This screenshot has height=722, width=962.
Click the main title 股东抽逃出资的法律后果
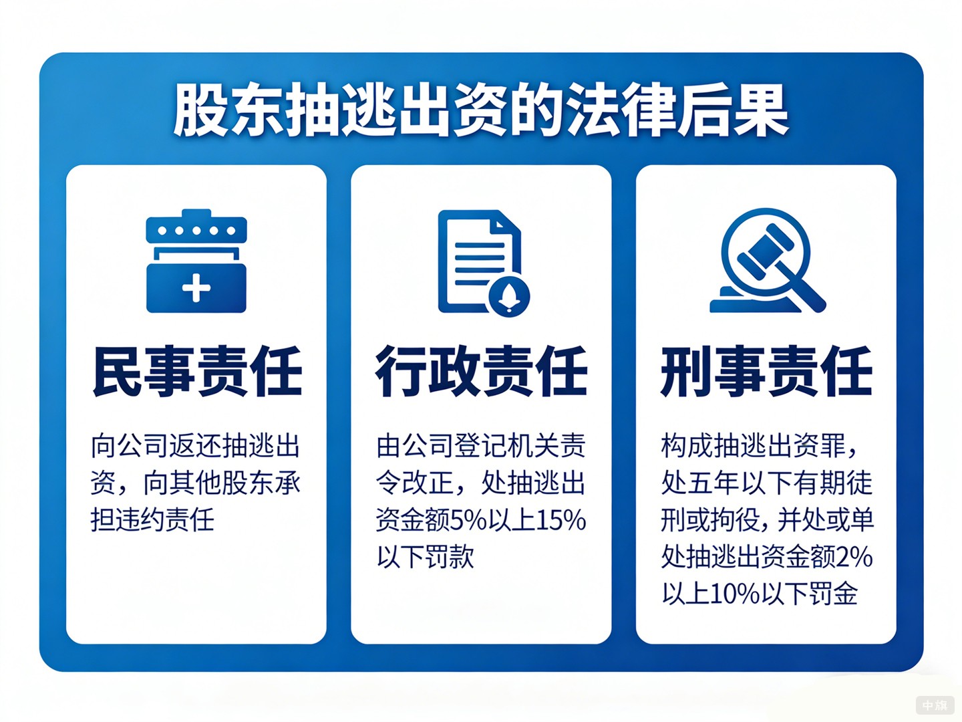click(481, 110)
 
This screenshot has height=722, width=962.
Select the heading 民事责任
click(197, 372)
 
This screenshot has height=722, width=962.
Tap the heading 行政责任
click(481, 372)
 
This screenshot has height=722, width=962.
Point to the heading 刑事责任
click(766, 372)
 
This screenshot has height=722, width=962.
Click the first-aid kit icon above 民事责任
click(196, 261)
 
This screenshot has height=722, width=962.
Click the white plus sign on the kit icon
click(196, 289)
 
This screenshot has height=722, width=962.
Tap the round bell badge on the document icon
click(509, 295)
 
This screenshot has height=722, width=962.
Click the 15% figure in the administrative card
click(561, 520)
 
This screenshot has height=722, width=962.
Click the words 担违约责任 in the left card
click(153, 519)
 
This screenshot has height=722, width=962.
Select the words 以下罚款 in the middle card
click(426, 557)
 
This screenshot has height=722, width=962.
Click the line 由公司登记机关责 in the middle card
click(481, 446)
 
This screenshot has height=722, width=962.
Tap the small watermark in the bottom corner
click(935, 705)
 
